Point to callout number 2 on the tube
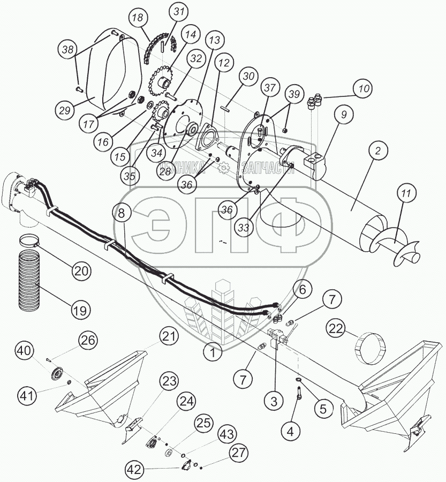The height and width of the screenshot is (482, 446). tap(377, 152)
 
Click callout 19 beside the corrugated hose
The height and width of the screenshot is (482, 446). tap(80, 309)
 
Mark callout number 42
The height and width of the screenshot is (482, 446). tap(136, 470)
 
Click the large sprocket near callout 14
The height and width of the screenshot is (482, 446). tap(158, 82)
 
